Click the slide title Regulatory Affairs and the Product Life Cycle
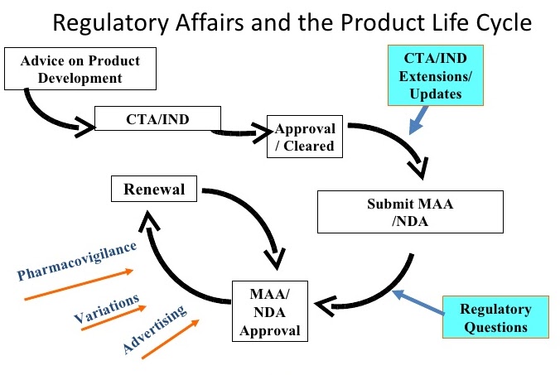coord(281,22)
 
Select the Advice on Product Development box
coord(72,70)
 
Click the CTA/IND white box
coord(157,118)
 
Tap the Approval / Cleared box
coord(305,137)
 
